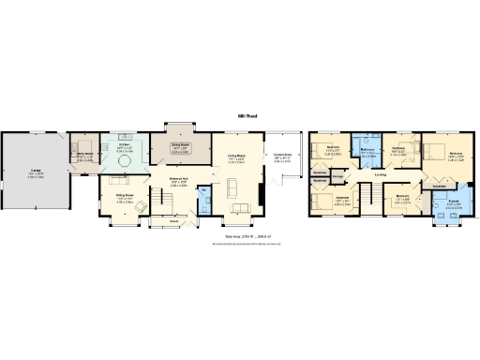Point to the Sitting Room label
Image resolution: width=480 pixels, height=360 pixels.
pos(124,195)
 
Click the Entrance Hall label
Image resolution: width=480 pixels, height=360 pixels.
pos(179,179)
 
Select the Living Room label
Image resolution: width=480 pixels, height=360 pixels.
pos(236,157)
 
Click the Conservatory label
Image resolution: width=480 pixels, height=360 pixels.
pos(282,157)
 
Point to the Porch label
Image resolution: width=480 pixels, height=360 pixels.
pos(173,221)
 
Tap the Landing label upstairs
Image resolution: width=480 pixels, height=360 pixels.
pos(381,173)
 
